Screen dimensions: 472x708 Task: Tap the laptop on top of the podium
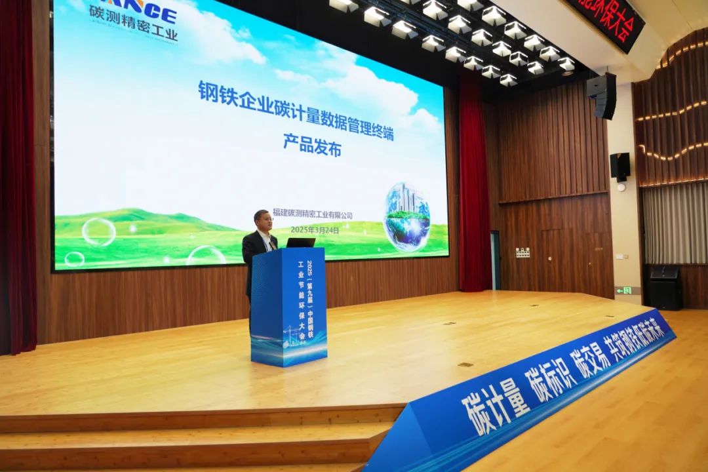[x=301, y=243]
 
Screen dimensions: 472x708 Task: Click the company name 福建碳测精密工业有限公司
[x=313, y=215]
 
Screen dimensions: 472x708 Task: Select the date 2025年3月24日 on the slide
[x=315, y=230]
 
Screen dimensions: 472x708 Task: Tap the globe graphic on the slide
[x=406, y=216]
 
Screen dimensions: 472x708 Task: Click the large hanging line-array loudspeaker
[x=602, y=95]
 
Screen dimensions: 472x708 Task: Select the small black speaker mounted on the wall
[x=619, y=167]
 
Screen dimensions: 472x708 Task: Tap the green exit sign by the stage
[x=623, y=290]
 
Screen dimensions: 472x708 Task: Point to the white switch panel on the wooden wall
[x=522, y=252]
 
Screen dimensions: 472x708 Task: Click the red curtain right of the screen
[x=473, y=184]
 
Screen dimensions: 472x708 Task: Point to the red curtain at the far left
[x=18, y=177]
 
